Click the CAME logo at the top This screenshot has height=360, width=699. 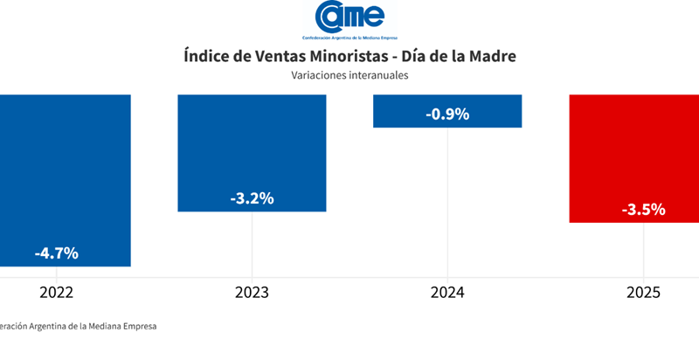coord(349,19)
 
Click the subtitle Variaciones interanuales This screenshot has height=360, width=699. coord(349,75)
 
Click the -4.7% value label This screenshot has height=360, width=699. coord(57,253)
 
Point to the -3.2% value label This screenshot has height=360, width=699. coord(252,198)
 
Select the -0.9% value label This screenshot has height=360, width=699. coord(447,114)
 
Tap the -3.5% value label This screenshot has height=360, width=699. coord(644,210)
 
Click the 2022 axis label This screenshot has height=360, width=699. coord(56,292)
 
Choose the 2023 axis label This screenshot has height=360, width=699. coord(252,292)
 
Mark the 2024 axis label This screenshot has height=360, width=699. coord(447,292)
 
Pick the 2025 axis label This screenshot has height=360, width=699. coord(644,292)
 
